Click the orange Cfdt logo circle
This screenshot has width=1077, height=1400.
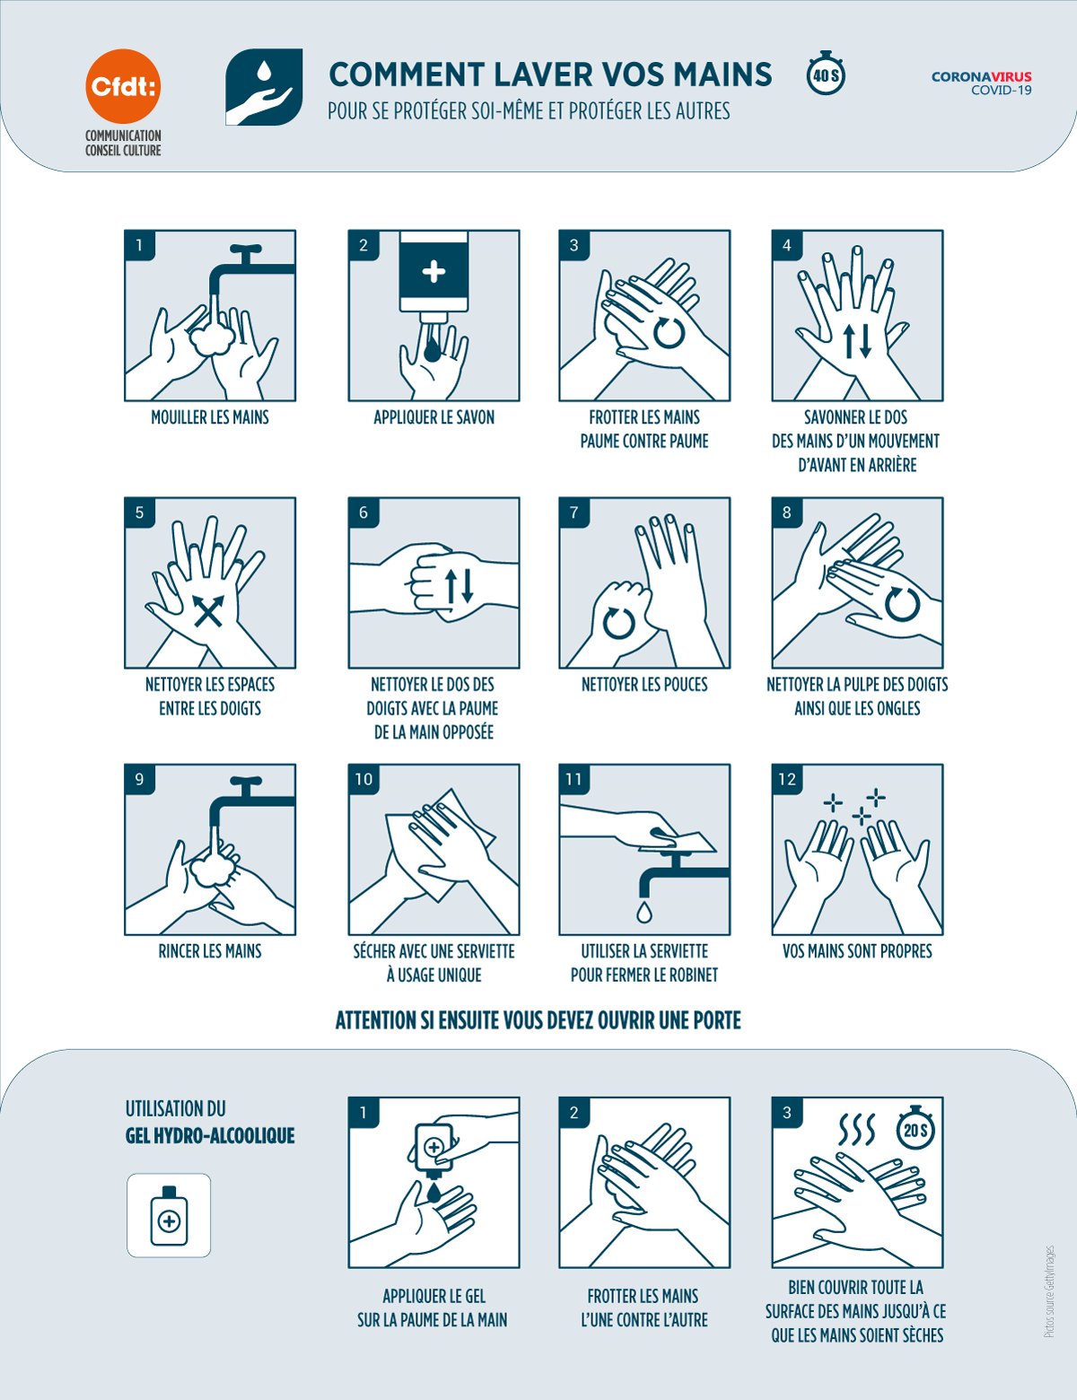pos(123,86)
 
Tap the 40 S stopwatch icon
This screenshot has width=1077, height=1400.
pos(826,74)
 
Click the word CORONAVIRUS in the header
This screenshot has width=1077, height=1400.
pos(981,76)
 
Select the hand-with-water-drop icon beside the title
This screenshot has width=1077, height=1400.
pos(264,87)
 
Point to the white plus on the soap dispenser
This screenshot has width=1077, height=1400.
pos(433,271)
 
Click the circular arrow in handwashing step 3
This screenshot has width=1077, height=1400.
pos(669,333)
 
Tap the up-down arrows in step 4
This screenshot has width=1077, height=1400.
pos(857,341)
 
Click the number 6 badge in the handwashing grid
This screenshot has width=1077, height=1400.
pos(363,512)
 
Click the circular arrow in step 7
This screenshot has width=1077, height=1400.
pos(619,623)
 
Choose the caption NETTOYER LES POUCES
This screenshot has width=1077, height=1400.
pos(644,684)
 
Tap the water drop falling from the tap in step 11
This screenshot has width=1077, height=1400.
pos(644,912)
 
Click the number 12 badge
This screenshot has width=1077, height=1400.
pos(787,779)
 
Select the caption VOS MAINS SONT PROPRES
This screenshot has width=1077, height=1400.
pos(857,951)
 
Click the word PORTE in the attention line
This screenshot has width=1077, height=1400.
pos(717,1019)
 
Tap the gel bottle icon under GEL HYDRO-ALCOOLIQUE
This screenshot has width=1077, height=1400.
pos(169,1215)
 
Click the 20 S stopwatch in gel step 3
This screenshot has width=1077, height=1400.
pos(915,1128)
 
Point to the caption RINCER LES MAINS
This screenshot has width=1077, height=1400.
pos(210,951)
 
